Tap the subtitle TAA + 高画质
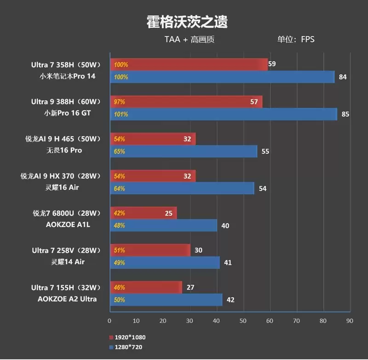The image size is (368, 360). (190, 40)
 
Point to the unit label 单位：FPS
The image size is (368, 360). (296, 40)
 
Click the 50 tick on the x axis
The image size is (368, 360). (243, 320)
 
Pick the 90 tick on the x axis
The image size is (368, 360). (350, 320)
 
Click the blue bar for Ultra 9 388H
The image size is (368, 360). (224, 114)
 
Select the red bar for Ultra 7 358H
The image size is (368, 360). (189, 64)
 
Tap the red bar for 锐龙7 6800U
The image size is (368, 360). (143, 213)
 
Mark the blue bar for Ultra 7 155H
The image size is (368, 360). (166, 300)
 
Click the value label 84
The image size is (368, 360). (342, 77)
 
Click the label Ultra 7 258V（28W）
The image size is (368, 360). (66, 250)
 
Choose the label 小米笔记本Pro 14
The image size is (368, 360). (67, 76)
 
